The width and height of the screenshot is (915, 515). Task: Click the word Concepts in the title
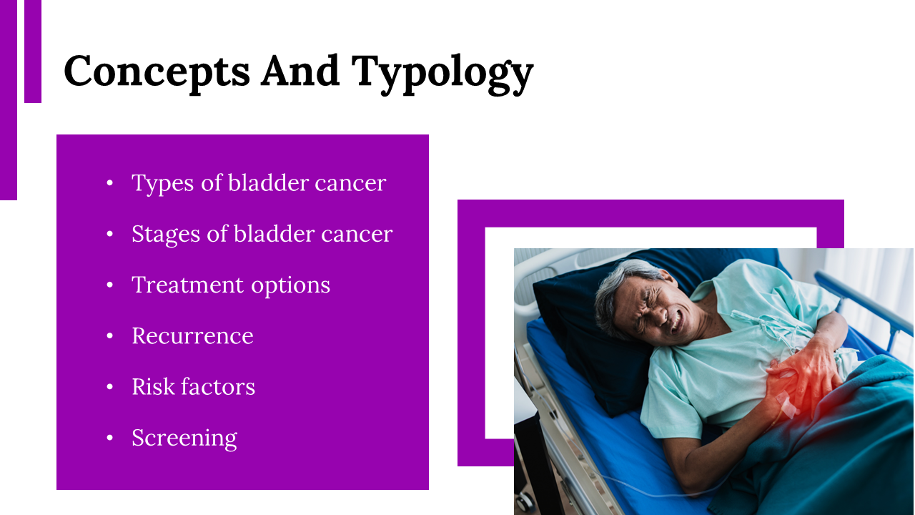pos(157,71)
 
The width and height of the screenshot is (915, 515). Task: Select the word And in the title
pos(300,71)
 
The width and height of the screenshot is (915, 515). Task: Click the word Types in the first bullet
pos(162,184)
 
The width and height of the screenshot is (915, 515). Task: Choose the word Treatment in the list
pos(188,285)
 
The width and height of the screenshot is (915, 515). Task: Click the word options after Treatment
pos(290,286)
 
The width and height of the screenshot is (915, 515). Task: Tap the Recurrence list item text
pos(192,336)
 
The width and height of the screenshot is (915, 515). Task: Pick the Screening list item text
pos(184,439)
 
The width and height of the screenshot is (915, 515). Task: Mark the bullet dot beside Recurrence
pos(109,336)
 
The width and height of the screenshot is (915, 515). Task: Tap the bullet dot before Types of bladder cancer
pos(109,182)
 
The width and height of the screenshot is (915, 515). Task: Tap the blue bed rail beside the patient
pos(862,303)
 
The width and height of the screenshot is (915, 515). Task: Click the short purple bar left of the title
pos(33,51)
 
